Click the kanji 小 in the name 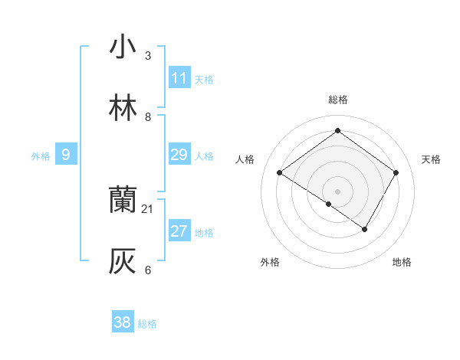pos(123,47)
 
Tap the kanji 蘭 pos(123,201)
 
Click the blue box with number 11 pos(179,78)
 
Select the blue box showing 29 pos(179,155)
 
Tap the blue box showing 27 pos(179,231)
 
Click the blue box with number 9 pos(66,155)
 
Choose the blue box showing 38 pos(123,322)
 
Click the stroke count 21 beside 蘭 pos(148,208)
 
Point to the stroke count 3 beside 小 pos(148,55)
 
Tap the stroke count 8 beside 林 pos(148,116)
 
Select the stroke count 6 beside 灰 pos(148,270)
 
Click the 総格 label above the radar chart pos(338,100)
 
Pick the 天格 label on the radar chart pos(431,159)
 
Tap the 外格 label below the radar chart pos(270,262)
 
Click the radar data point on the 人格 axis pos(280,173)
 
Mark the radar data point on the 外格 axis pos(329,204)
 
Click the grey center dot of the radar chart pos(338,191)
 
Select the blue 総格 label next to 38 pos(147,324)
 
